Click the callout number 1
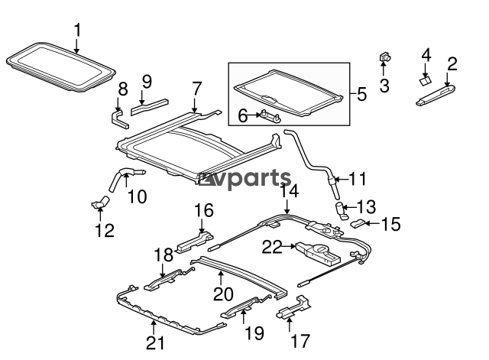pos(76,30)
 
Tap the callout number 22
pos(272,246)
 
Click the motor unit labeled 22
pos(316,251)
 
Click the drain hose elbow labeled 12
pos(100,202)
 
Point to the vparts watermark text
pos(245,181)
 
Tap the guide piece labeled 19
pos(243,311)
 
